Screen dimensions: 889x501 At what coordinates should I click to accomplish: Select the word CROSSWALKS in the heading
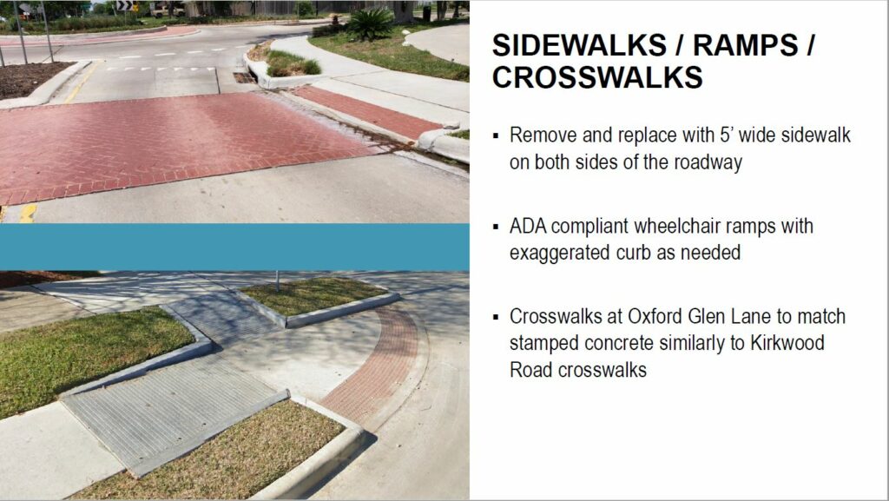pos(597,77)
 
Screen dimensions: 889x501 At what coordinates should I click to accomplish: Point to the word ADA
pos(527,226)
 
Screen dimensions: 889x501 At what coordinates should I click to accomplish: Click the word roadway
pos(708,162)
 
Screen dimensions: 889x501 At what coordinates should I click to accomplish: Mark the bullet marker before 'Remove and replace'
pos(496,136)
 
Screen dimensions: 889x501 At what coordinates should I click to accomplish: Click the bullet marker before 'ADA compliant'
pos(496,227)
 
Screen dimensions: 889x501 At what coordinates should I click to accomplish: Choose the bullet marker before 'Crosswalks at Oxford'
pos(496,318)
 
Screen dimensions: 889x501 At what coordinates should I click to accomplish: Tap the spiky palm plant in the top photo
pos(370,23)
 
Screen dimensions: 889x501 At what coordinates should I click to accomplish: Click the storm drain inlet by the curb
pos(244,77)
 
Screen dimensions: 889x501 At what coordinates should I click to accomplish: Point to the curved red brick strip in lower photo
pos(379,368)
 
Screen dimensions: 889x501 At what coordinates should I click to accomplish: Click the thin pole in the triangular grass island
pos(278,281)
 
